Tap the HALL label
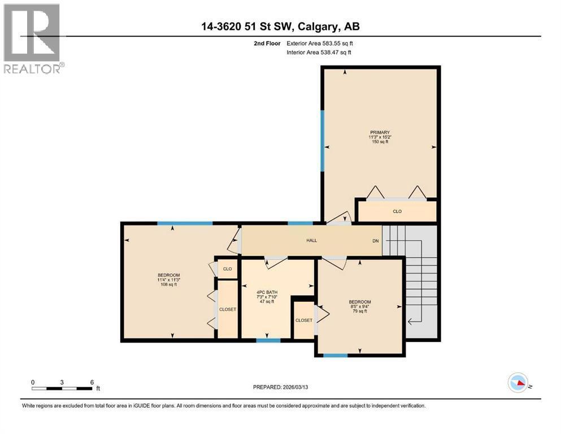pos(311,240)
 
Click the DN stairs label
pos(375,241)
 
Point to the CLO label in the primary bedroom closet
pos(397,211)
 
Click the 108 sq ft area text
pos(168,285)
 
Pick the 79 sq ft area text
pos(359,311)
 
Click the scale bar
pos(62,388)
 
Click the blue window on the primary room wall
pos(323,141)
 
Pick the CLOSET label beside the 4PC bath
pos(304,320)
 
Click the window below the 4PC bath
pos(268,340)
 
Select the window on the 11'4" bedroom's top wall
pos(185,223)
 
